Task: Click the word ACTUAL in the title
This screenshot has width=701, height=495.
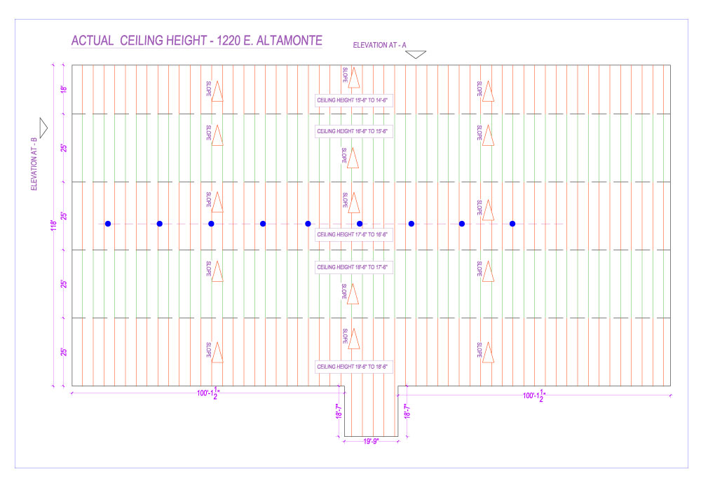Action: (93, 41)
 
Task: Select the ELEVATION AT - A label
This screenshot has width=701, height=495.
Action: (379, 45)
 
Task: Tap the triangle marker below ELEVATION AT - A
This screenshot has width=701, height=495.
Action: (416, 54)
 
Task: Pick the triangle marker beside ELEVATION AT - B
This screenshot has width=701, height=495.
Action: (43, 128)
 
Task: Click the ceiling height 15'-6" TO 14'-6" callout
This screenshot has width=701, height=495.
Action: (353, 100)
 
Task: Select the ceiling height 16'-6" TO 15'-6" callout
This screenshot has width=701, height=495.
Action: (353, 131)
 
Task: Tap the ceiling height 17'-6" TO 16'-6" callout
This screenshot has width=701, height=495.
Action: (353, 234)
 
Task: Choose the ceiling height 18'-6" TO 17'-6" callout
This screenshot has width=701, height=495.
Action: (353, 267)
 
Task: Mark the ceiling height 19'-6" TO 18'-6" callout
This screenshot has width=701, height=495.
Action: (353, 367)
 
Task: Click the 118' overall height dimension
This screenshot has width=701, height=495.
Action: (53, 226)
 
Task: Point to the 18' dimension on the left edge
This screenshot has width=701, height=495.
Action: (63, 89)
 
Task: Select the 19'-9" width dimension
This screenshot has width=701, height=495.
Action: (370, 442)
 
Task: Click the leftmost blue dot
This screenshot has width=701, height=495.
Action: (108, 224)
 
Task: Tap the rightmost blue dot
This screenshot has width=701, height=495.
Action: (512, 224)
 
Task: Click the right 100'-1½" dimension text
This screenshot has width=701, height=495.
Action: (535, 395)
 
